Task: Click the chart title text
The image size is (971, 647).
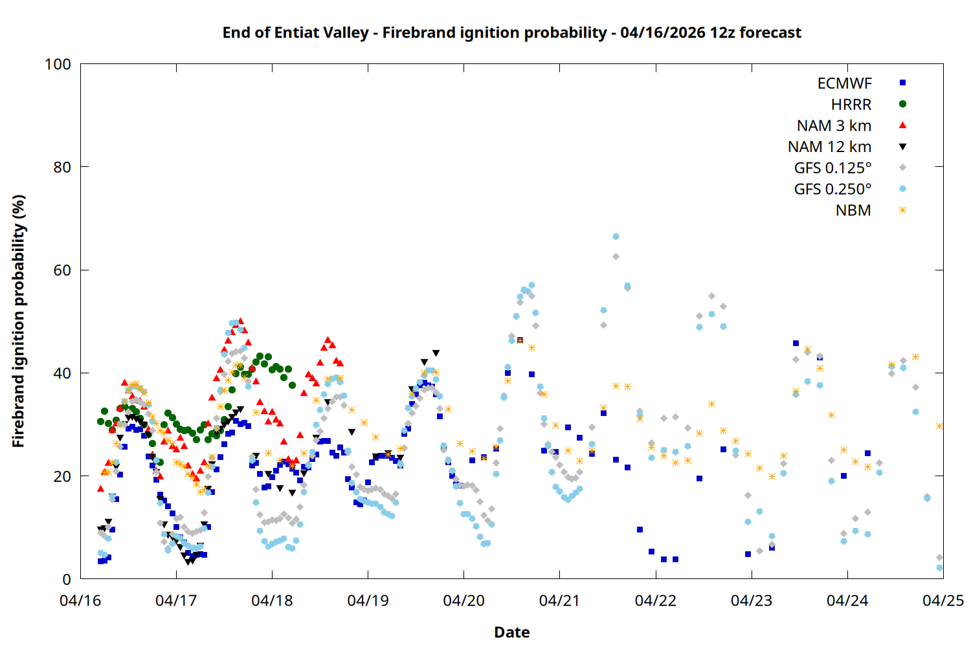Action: pyautogui.click(x=511, y=32)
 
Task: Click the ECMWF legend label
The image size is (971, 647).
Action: pyautogui.click(x=844, y=83)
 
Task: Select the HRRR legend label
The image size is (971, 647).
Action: pyautogui.click(x=851, y=105)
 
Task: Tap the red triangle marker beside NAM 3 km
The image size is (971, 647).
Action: pyautogui.click(x=902, y=126)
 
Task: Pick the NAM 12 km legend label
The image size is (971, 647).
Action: pyautogui.click(x=829, y=147)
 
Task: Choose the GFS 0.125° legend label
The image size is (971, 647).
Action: pyautogui.click(x=832, y=168)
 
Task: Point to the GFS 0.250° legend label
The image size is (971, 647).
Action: pyautogui.click(x=832, y=190)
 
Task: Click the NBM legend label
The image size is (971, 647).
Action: pyautogui.click(x=853, y=210)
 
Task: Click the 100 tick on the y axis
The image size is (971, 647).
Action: pyautogui.click(x=58, y=64)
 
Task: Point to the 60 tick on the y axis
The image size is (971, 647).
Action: pyautogui.click(x=62, y=270)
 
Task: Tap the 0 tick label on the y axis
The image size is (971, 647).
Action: pyautogui.click(x=67, y=580)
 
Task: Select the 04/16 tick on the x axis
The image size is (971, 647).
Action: pyautogui.click(x=80, y=600)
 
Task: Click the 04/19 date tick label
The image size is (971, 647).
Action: pyautogui.click(x=368, y=600)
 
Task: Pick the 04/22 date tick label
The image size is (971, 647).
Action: pyautogui.click(x=656, y=600)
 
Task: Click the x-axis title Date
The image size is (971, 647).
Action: pyautogui.click(x=511, y=632)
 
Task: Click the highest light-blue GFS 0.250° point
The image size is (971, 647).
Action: pyautogui.click(x=616, y=237)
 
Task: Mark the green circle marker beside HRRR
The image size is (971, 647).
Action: pyautogui.click(x=902, y=104)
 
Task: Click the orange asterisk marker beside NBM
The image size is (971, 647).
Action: pyautogui.click(x=902, y=210)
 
